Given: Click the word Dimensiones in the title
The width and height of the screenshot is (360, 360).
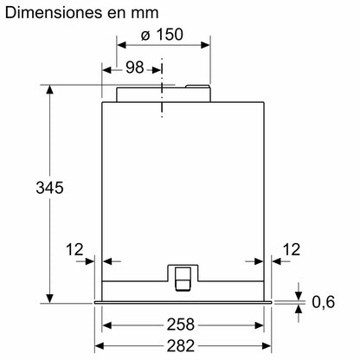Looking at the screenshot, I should (60, 16).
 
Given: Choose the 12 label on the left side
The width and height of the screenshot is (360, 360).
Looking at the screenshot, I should (75, 250).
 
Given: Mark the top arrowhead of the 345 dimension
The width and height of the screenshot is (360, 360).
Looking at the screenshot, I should (48, 88).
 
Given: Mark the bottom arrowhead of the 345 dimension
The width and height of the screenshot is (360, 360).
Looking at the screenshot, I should (48, 294).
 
